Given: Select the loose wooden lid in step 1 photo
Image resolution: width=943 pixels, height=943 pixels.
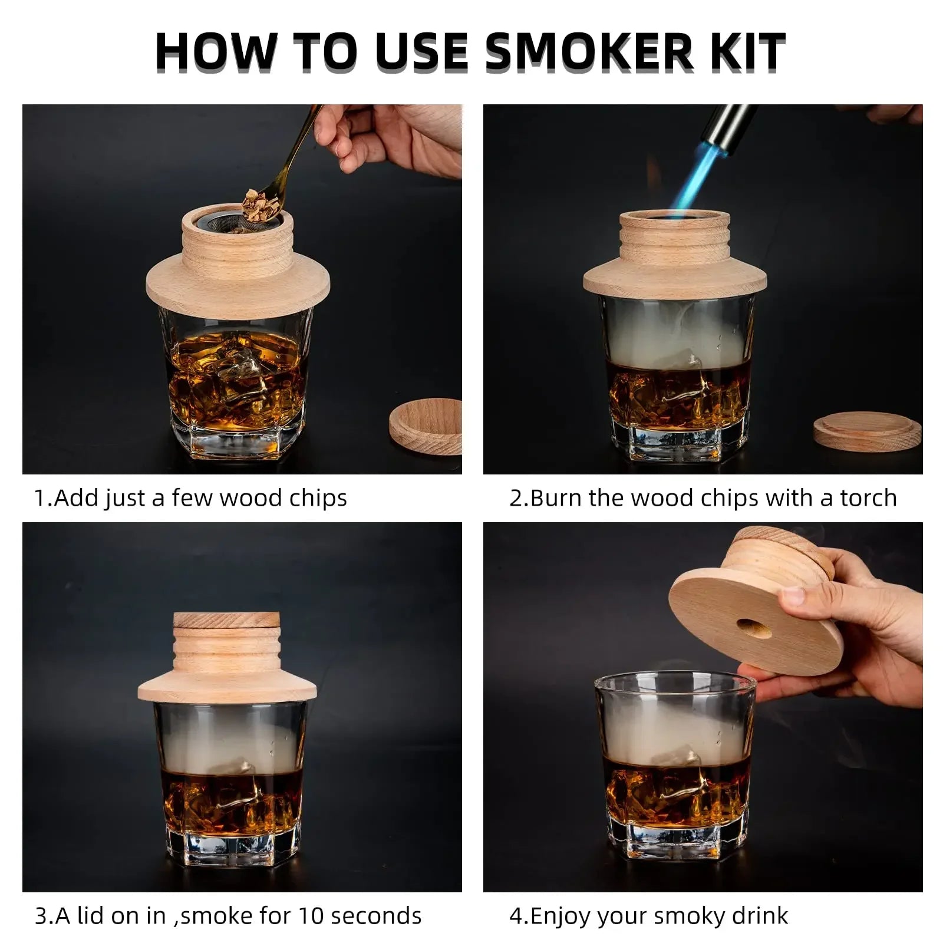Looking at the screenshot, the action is [x=426, y=427].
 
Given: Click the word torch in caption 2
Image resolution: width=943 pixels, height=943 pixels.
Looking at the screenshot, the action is [x=868, y=498].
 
